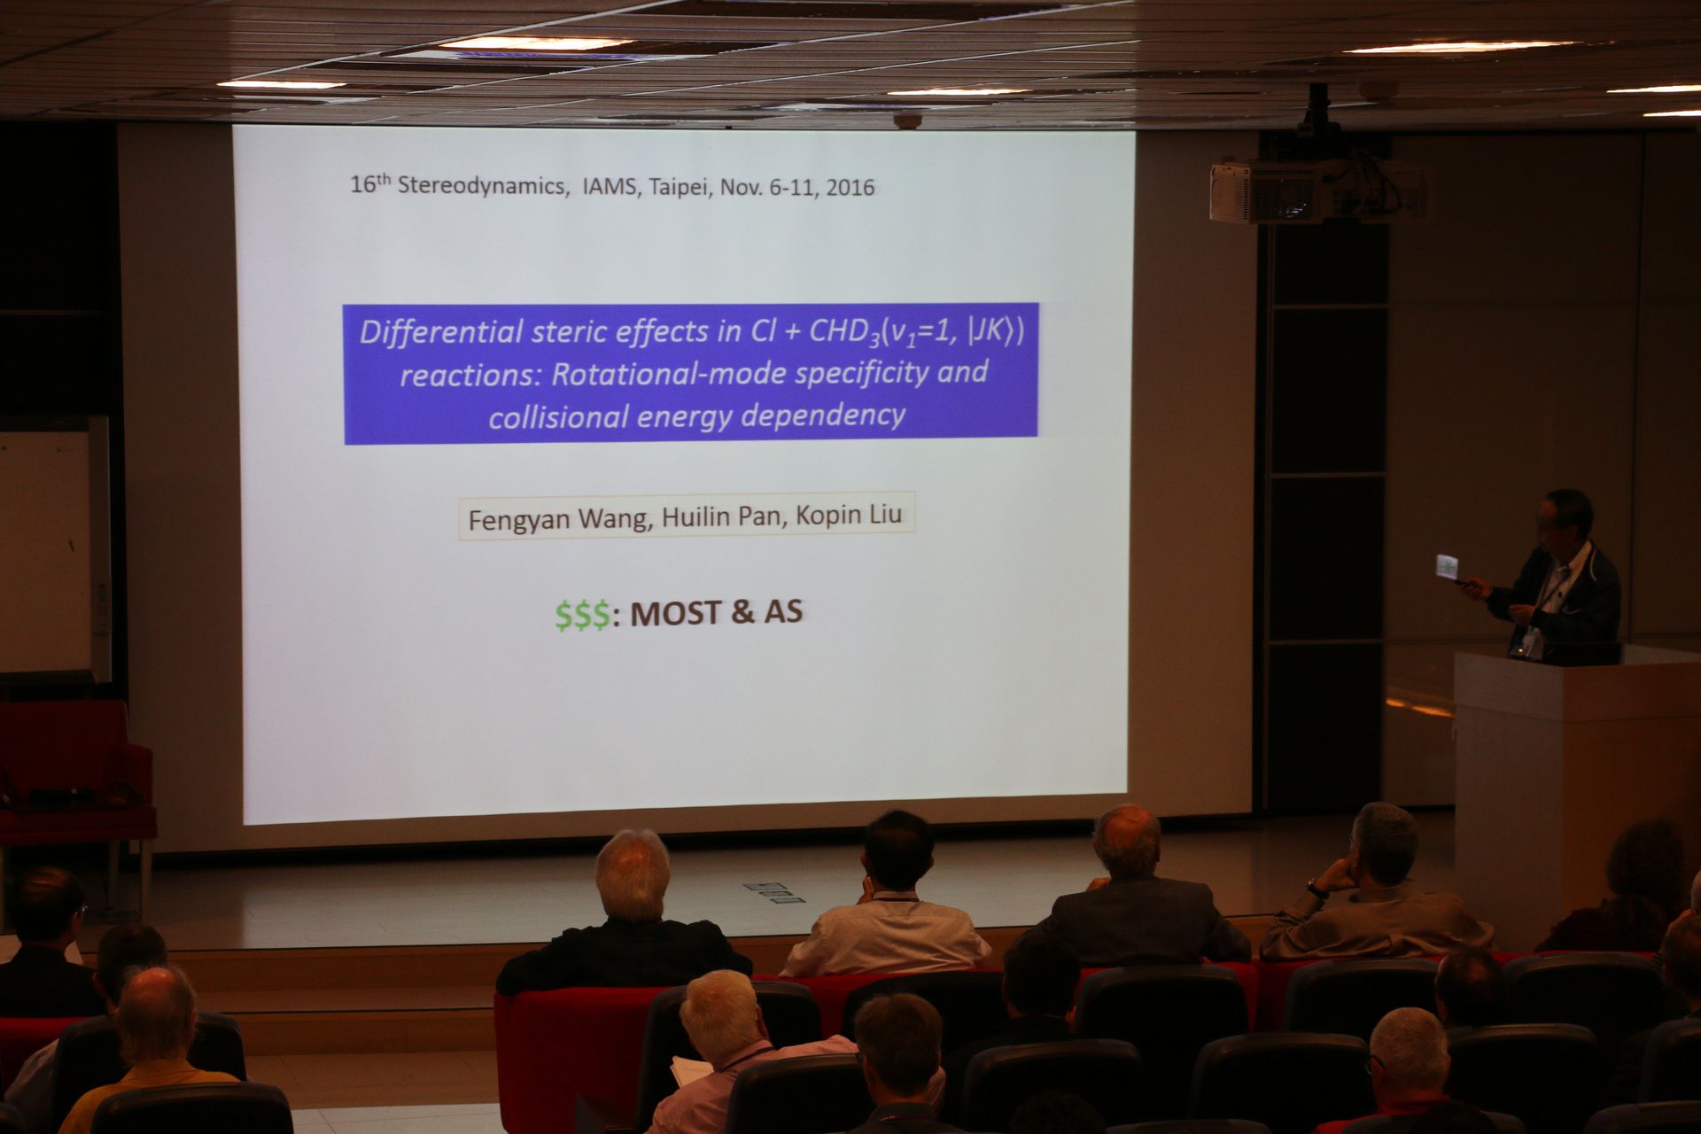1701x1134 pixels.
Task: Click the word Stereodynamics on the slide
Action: pos(480,186)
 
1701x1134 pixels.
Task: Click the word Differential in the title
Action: pos(440,332)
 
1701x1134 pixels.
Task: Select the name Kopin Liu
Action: pos(848,515)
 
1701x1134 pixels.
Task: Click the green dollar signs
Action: pos(583,615)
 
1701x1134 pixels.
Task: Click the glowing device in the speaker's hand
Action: pos(1448,565)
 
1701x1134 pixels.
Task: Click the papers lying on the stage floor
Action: pos(774,893)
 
